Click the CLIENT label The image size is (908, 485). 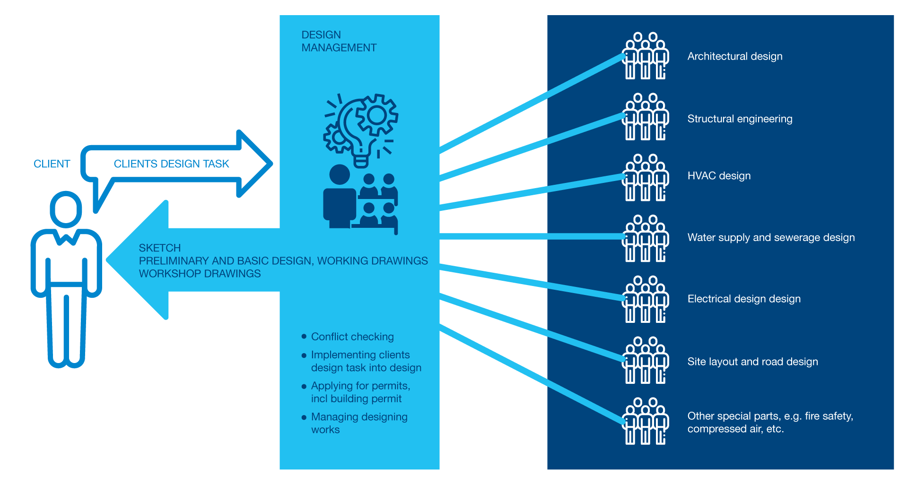[x=52, y=164]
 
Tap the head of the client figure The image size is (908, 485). [x=66, y=209]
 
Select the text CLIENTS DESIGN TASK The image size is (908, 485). [x=171, y=164]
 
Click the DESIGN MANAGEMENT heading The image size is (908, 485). [x=339, y=41]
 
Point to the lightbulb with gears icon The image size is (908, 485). [x=361, y=130]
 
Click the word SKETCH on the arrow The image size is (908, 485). [x=160, y=248]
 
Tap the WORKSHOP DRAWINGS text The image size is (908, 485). [x=200, y=274]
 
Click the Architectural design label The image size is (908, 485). [x=735, y=56]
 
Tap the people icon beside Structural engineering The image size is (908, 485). [x=646, y=117]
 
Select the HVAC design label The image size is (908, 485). [x=719, y=176]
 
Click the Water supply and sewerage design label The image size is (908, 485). [x=771, y=237]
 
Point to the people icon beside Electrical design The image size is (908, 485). [x=646, y=299]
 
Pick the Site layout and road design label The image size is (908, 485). [x=752, y=362]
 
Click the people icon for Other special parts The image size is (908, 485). [x=646, y=421]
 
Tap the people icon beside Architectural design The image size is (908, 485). [x=646, y=56]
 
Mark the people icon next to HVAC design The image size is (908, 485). [x=646, y=178]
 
